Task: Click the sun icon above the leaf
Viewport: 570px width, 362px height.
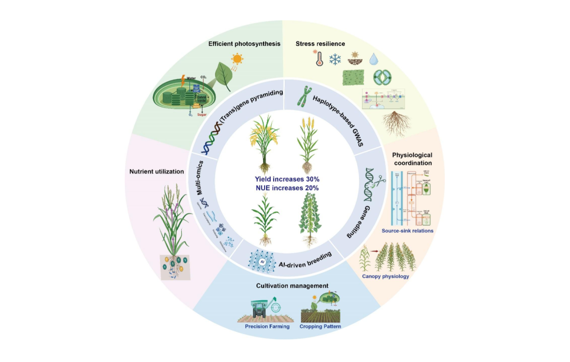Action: point(238,59)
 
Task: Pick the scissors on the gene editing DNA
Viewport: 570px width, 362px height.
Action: point(381,181)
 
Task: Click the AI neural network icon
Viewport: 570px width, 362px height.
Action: point(263,261)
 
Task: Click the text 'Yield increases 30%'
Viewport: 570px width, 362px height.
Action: point(287,180)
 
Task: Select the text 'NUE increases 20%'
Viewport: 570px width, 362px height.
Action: point(287,188)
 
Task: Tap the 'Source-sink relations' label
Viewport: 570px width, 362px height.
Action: point(408,231)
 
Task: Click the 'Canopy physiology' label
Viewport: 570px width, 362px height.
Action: point(386,276)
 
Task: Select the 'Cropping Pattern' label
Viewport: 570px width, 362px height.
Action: point(320,327)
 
